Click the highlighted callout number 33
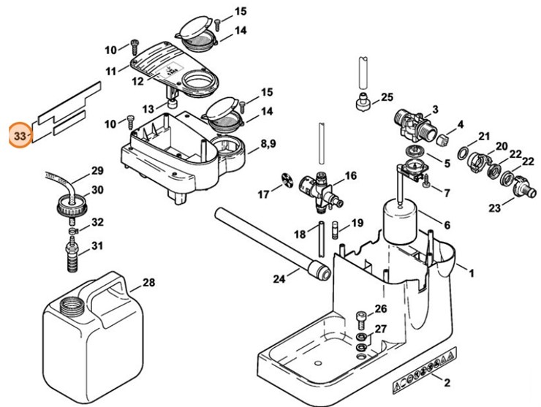(x=20, y=136)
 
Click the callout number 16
(x=350, y=175)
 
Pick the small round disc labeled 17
(x=287, y=179)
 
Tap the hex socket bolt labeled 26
(x=360, y=320)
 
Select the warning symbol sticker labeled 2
(x=424, y=370)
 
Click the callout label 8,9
(x=268, y=143)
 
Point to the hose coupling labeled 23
(x=523, y=188)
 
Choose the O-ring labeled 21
(x=463, y=153)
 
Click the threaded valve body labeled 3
(x=415, y=126)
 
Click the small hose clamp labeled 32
(x=74, y=229)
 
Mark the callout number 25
(x=387, y=97)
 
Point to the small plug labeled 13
(x=172, y=103)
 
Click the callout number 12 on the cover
(x=137, y=81)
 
